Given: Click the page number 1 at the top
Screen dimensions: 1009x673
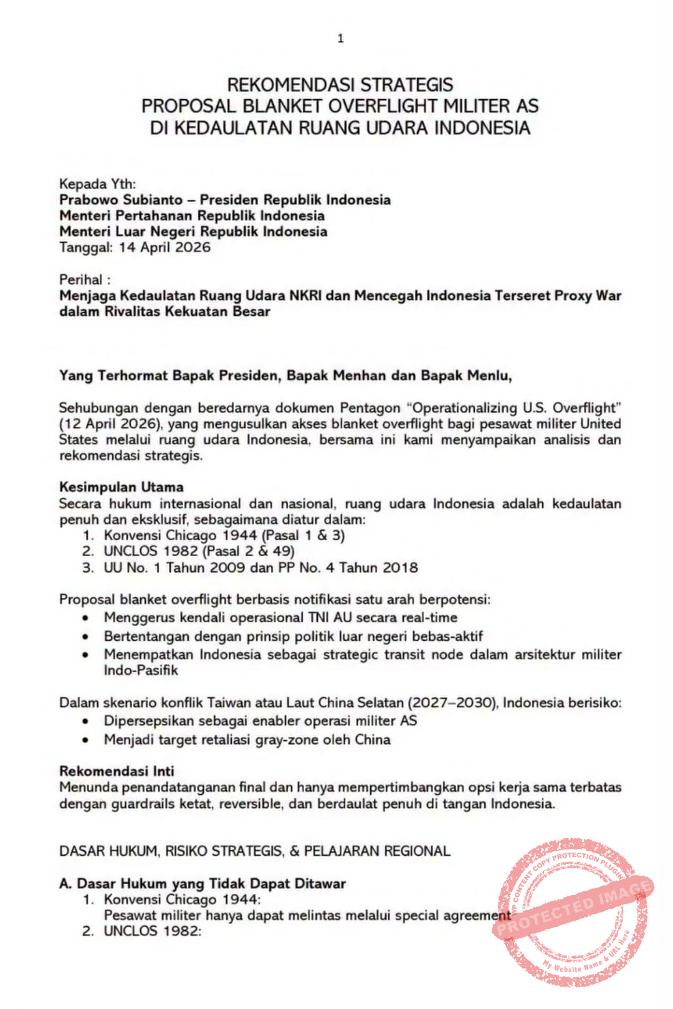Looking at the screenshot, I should tap(340, 39).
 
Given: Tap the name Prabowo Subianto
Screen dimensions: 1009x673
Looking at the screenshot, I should tap(121, 200).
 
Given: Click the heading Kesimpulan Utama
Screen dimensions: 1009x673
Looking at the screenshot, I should tap(122, 487).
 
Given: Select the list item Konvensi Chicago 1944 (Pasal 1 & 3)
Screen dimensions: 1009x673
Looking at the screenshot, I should tap(224, 535).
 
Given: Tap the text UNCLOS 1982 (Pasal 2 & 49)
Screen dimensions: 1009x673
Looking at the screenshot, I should tap(199, 551).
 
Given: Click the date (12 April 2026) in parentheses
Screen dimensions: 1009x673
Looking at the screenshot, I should tap(111, 424).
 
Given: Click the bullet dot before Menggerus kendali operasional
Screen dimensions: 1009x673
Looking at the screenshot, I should tap(86, 618).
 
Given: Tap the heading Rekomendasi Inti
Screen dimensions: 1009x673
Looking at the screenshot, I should tap(117, 770).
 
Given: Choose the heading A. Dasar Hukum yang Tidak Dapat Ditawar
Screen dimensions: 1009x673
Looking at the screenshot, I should tap(203, 883).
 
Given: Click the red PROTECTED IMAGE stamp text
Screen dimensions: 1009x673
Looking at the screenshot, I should tap(573, 909).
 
